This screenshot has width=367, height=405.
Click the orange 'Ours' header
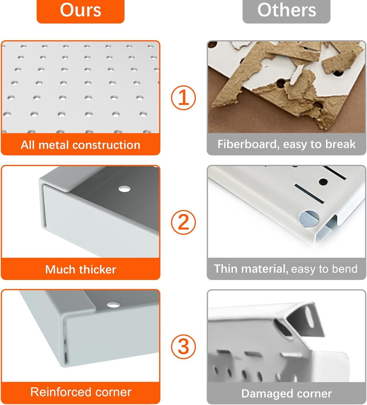pos(81,11)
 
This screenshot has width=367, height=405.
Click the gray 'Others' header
pos(286,11)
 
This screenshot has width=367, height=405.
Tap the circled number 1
pos(183,98)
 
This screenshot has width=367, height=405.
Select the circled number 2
pos(183,222)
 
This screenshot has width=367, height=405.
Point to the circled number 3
pos(183,347)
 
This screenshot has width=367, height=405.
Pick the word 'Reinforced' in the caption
pos(61,392)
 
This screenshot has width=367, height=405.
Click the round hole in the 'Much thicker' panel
pos(124,189)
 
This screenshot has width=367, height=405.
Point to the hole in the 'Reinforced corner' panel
pos(114,305)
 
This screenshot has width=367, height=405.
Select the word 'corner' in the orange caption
pos(113,392)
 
